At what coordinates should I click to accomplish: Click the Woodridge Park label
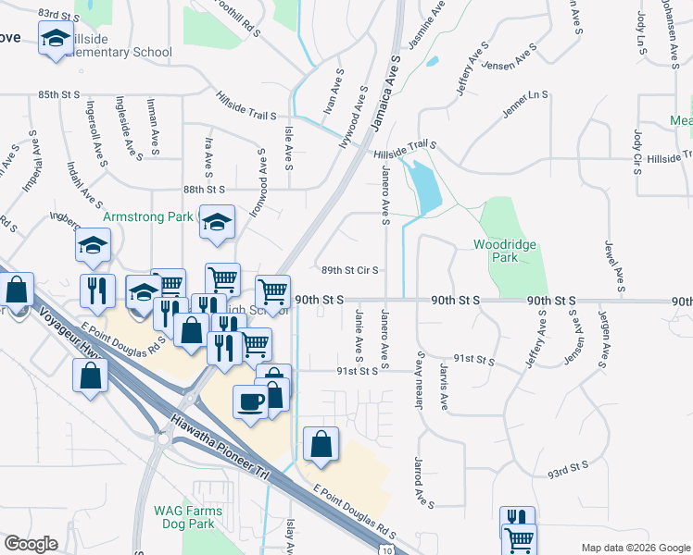point(505,251)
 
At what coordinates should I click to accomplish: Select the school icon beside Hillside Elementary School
point(56,39)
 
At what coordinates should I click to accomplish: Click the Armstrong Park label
point(148,216)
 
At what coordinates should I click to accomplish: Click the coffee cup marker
point(250,401)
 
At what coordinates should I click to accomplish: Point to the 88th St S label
point(204,189)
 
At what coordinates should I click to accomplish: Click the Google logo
point(31,543)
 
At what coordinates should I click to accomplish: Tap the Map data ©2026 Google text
point(635,548)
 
